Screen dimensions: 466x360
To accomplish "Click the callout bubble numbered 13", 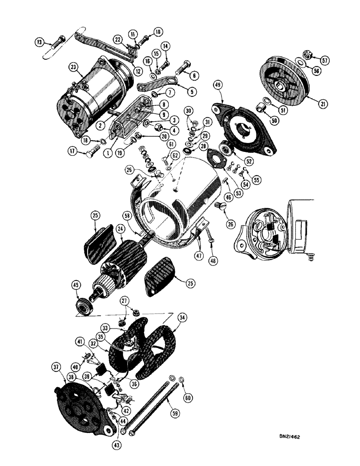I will (40, 42).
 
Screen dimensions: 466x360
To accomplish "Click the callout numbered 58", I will (126, 215).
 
